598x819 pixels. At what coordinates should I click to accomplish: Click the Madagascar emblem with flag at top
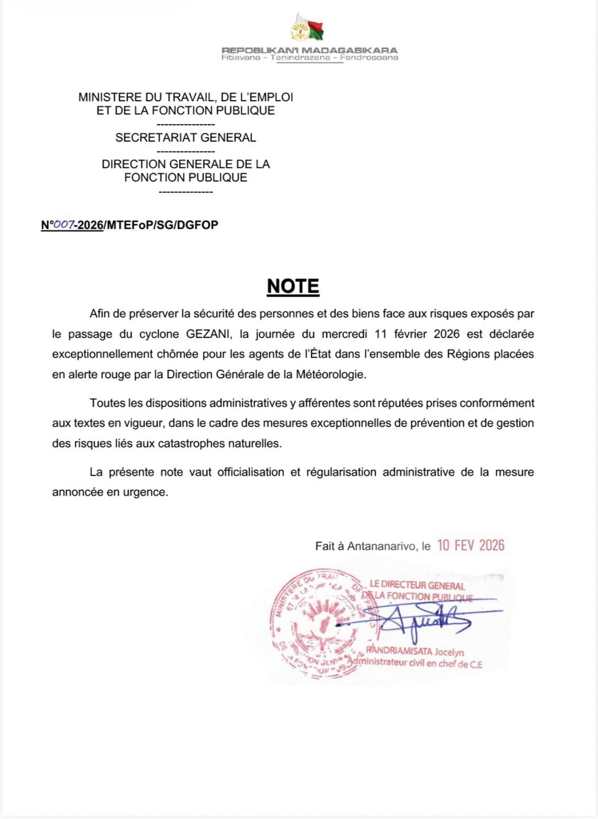point(308,28)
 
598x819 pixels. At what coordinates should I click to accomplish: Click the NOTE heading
point(293,286)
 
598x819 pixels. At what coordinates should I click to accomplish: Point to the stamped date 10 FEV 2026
point(471,545)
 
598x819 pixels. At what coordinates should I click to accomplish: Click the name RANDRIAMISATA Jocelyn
point(415,651)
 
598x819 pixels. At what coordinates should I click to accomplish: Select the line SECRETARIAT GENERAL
point(185,138)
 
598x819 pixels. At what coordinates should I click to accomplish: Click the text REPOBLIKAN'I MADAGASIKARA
point(309,50)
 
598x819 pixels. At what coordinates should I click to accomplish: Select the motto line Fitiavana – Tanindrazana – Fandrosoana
point(309,57)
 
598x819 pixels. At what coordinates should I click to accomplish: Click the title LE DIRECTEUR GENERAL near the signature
point(417,585)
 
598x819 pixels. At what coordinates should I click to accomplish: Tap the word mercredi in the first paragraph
point(345,334)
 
